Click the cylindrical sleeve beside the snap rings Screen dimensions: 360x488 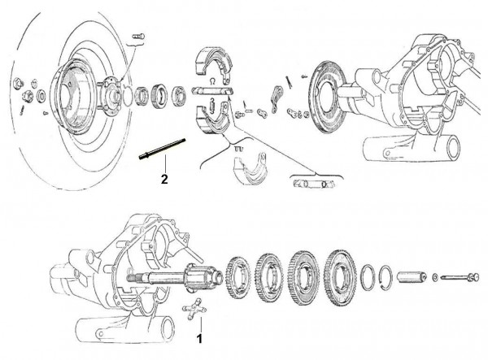tap(411, 277)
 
